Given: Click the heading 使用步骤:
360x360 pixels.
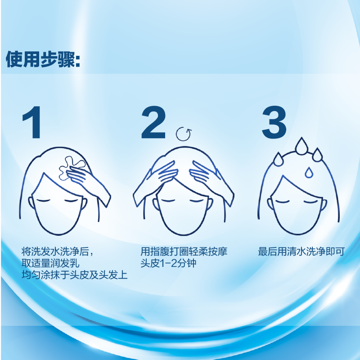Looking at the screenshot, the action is (43, 59).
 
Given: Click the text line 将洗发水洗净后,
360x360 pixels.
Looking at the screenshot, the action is (58, 252).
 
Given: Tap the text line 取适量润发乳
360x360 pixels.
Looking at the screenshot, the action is (50, 263).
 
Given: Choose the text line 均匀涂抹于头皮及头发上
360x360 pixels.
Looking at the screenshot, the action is (74, 275).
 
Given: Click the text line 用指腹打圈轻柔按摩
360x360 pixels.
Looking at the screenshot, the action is (184, 252).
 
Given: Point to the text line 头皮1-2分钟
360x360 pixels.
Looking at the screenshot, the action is (168, 263).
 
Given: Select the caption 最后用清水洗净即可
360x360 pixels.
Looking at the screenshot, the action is (301, 252).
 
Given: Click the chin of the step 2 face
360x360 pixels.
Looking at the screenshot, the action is (183, 234).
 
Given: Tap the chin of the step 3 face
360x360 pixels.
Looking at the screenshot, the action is (298, 234).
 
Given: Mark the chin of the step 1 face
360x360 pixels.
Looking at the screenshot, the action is (58, 234).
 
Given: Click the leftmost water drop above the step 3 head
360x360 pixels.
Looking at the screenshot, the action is (278, 158).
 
